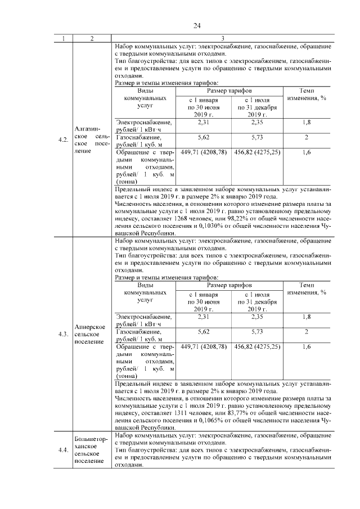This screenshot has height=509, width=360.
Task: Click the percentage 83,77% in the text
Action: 259,413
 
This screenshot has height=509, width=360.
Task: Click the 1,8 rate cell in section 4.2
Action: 306,122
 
